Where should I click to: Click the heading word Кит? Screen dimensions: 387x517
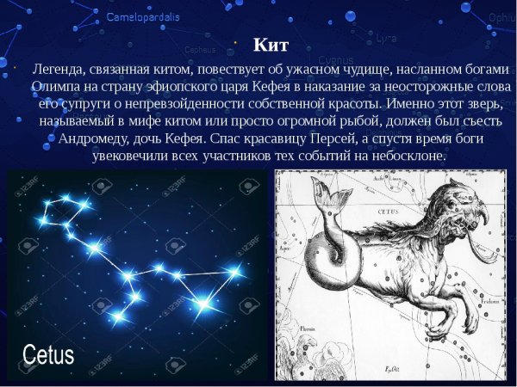click(x=270, y=45)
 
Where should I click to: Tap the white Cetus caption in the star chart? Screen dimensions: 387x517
click(x=48, y=353)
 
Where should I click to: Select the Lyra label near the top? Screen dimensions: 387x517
click(x=385, y=39)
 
